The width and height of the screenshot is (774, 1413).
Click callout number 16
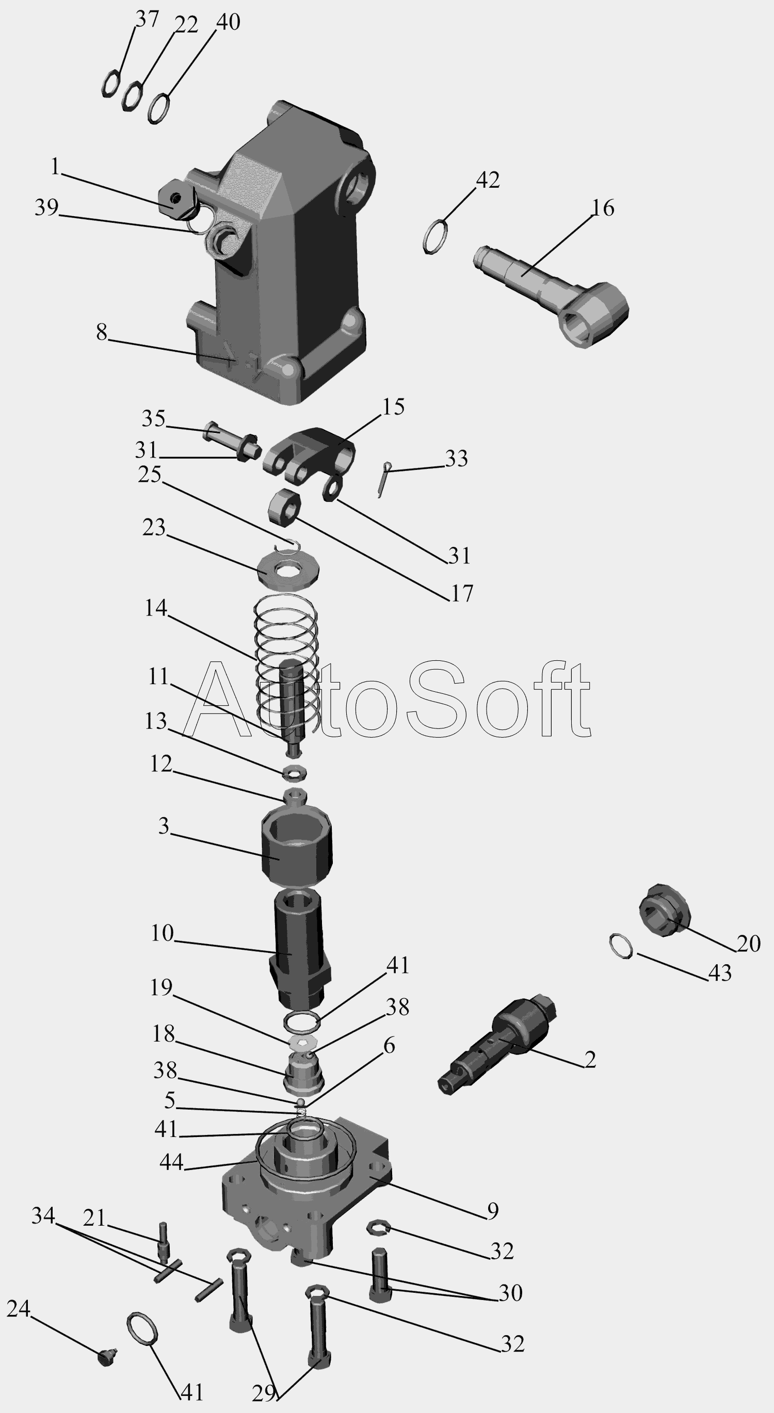tap(602, 208)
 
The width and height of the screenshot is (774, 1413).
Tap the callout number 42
tap(488, 180)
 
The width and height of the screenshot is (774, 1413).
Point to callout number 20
tap(748, 944)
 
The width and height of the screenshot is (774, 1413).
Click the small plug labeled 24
tap(107, 1339)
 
